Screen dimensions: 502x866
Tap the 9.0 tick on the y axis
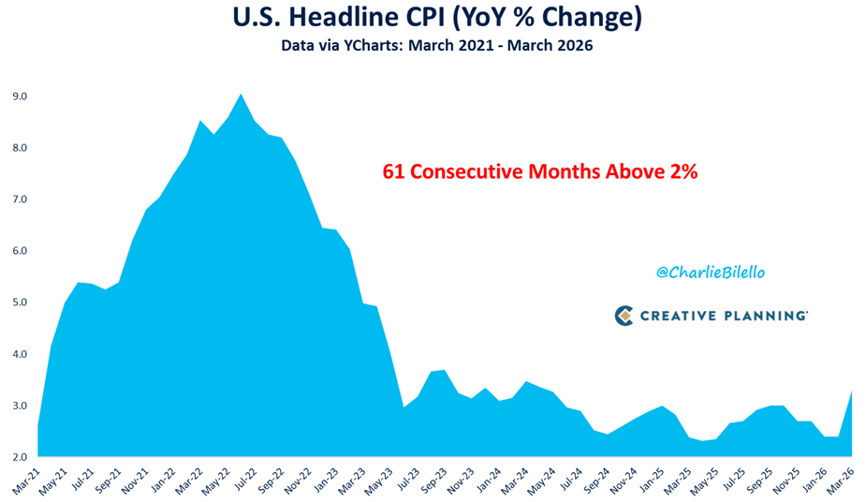click(20, 96)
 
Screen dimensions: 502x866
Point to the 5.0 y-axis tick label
click(20, 303)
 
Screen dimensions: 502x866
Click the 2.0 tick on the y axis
click(20, 457)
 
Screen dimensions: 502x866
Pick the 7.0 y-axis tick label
click(20, 199)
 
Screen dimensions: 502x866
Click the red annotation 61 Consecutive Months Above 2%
click(541, 172)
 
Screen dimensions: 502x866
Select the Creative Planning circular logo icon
click(624, 316)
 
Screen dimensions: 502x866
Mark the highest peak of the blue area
click(242, 94)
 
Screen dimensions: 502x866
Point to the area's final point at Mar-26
click(851, 391)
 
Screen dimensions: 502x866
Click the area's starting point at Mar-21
click(38, 426)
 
